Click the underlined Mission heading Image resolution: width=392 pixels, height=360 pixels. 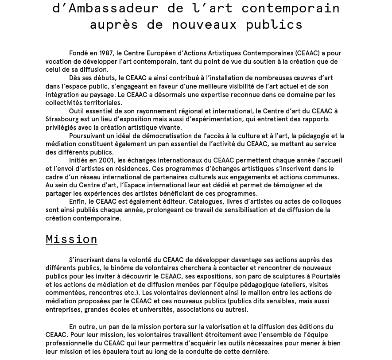(x=71, y=240)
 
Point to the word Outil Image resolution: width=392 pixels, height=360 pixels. (x=77, y=111)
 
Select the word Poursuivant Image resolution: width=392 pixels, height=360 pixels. (x=87, y=136)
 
